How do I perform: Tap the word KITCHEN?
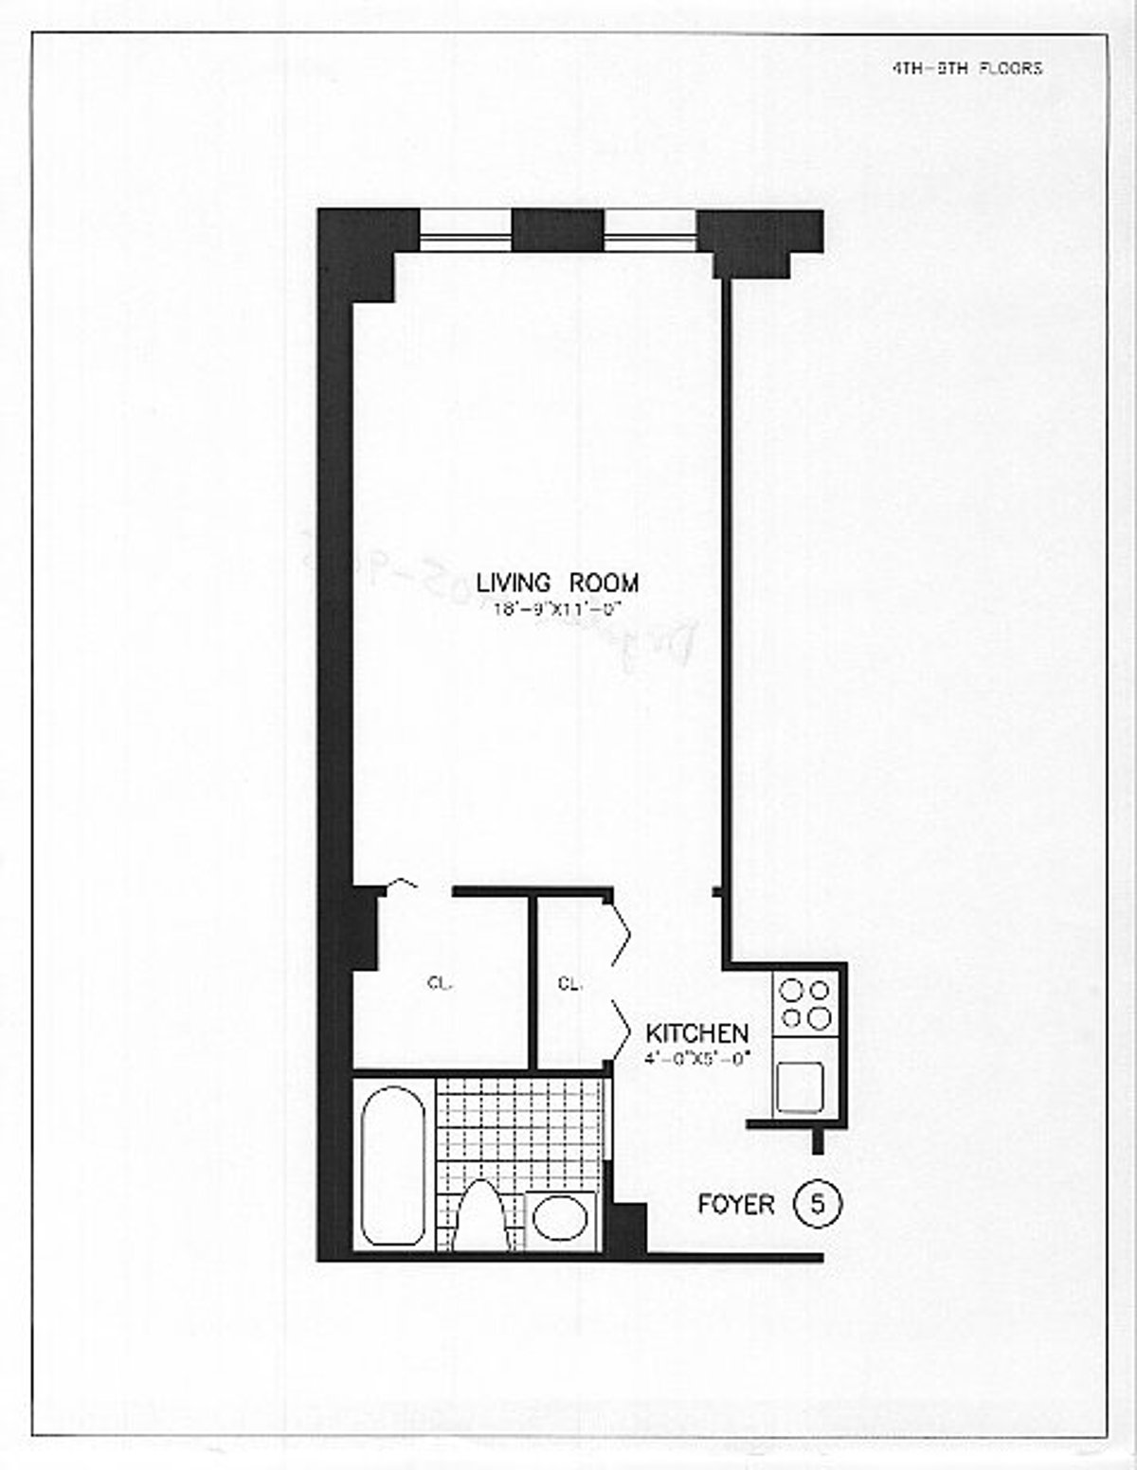(x=697, y=1032)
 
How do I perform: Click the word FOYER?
(x=736, y=1204)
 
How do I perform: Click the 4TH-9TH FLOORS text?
(x=967, y=68)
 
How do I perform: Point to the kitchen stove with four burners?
(x=804, y=1005)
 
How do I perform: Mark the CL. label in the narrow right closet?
(x=569, y=983)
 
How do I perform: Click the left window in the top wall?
(x=465, y=231)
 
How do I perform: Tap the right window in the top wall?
(x=650, y=231)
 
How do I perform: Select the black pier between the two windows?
(x=558, y=230)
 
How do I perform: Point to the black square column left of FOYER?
(x=627, y=1228)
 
